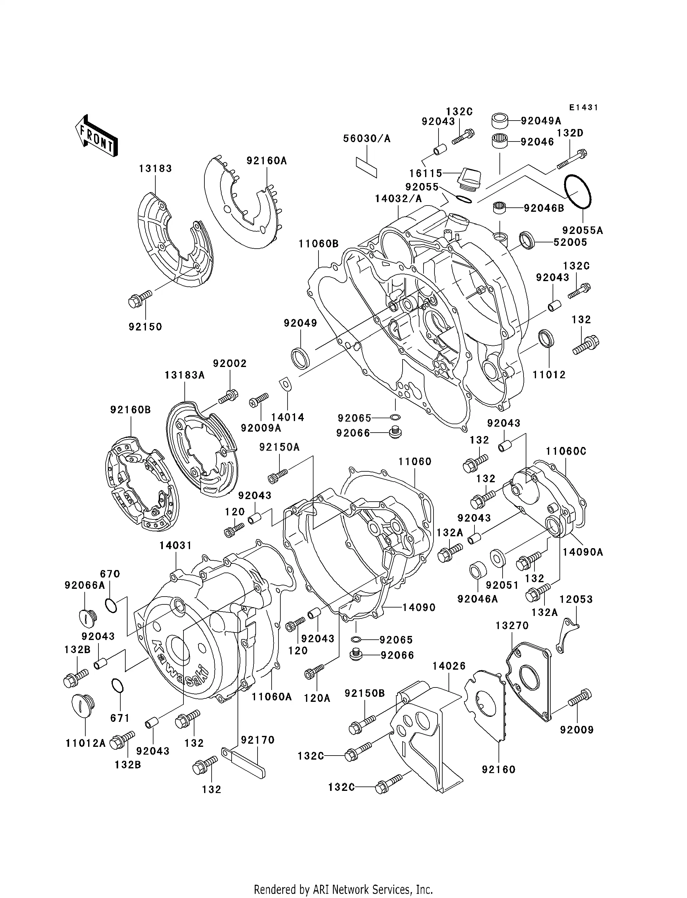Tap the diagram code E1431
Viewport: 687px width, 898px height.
tap(584, 107)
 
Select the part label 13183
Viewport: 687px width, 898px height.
tap(155, 168)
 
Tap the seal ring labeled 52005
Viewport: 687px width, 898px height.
tap(527, 240)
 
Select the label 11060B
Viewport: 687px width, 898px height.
tap(318, 244)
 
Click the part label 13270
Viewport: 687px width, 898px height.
tap(512, 626)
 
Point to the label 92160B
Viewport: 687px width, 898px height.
tap(130, 409)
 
